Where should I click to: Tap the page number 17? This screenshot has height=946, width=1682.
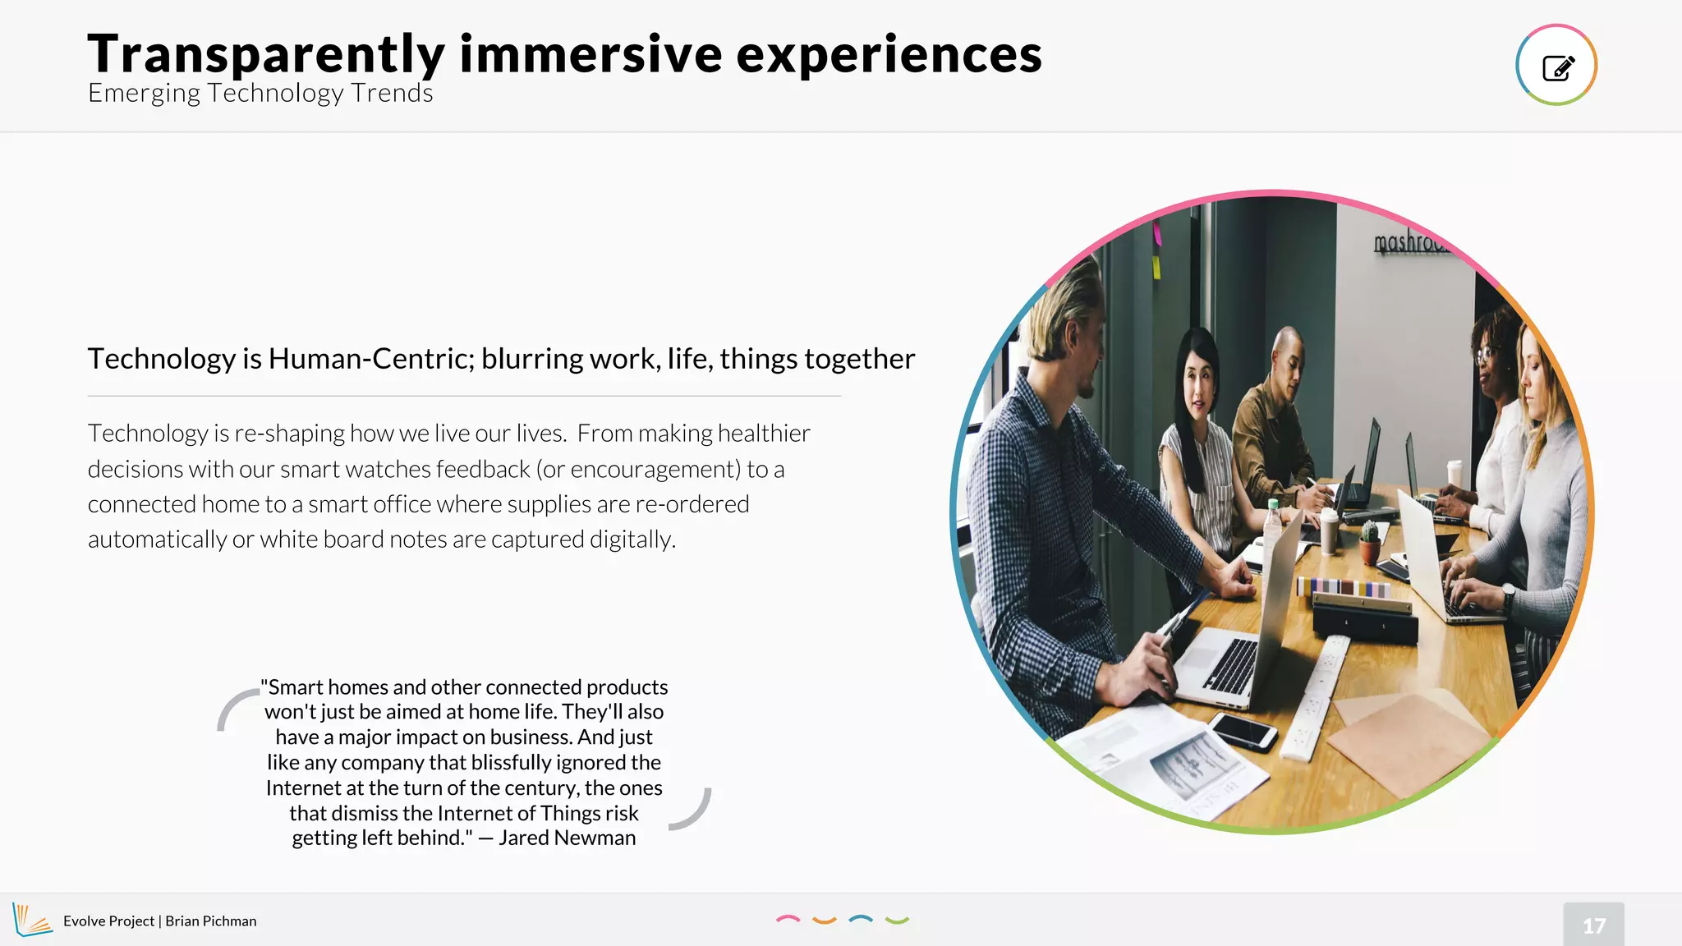1593,925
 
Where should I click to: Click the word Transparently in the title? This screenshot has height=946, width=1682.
266,54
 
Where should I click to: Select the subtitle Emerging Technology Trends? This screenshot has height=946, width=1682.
260,93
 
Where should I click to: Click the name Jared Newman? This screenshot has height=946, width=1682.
567,838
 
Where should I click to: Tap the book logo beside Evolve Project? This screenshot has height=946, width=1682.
31,920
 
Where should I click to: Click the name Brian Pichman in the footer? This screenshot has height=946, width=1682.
211,921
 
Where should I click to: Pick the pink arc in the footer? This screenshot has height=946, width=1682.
788,919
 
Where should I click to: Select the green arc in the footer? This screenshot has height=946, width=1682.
897,921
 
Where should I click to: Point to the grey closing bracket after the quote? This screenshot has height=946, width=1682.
692,810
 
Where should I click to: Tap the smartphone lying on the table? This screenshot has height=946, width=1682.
1244,730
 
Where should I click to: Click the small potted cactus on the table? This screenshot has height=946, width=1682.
1369,543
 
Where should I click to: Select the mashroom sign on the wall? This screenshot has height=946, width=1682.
1411,242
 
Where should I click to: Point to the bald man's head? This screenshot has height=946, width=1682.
1287,353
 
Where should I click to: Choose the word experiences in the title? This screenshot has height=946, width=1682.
889,54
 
